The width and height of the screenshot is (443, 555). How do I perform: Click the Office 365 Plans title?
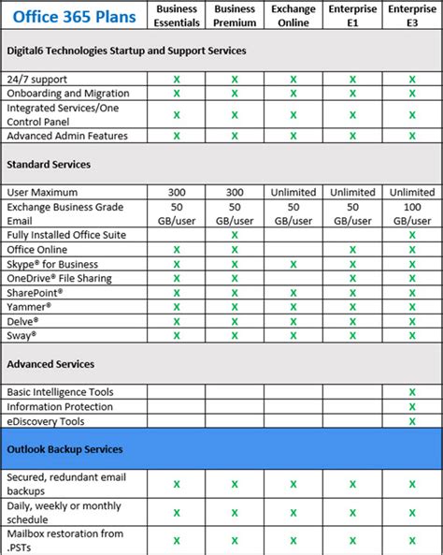(69, 16)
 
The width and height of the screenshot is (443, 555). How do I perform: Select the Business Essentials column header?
(176, 16)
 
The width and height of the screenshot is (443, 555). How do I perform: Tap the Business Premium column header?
(235, 16)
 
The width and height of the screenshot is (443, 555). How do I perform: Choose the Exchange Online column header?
(293, 16)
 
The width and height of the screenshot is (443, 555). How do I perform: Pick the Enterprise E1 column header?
(352, 16)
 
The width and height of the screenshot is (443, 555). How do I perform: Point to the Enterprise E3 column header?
(412, 16)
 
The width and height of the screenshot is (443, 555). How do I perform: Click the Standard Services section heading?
(49, 164)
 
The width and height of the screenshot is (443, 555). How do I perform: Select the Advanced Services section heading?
(50, 363)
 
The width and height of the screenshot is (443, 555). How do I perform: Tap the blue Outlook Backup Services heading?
(64, 449)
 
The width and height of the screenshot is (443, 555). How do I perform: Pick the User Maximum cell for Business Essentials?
(176, 192)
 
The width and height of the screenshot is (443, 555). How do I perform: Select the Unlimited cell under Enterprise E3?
(412, 192)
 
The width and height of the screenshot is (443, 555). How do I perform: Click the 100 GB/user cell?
(412, 212)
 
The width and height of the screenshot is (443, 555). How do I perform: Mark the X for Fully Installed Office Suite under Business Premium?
(235, 235)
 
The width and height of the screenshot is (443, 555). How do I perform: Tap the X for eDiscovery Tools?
(412, 421)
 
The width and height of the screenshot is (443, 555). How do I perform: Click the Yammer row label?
(29, 306)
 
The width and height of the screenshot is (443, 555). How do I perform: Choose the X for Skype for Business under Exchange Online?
(293, 264)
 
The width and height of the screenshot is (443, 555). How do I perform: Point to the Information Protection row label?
(60, 407)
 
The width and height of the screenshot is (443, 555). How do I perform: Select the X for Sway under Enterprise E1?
(352, 334)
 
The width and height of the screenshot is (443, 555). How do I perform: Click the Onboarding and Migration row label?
(68, 94)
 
